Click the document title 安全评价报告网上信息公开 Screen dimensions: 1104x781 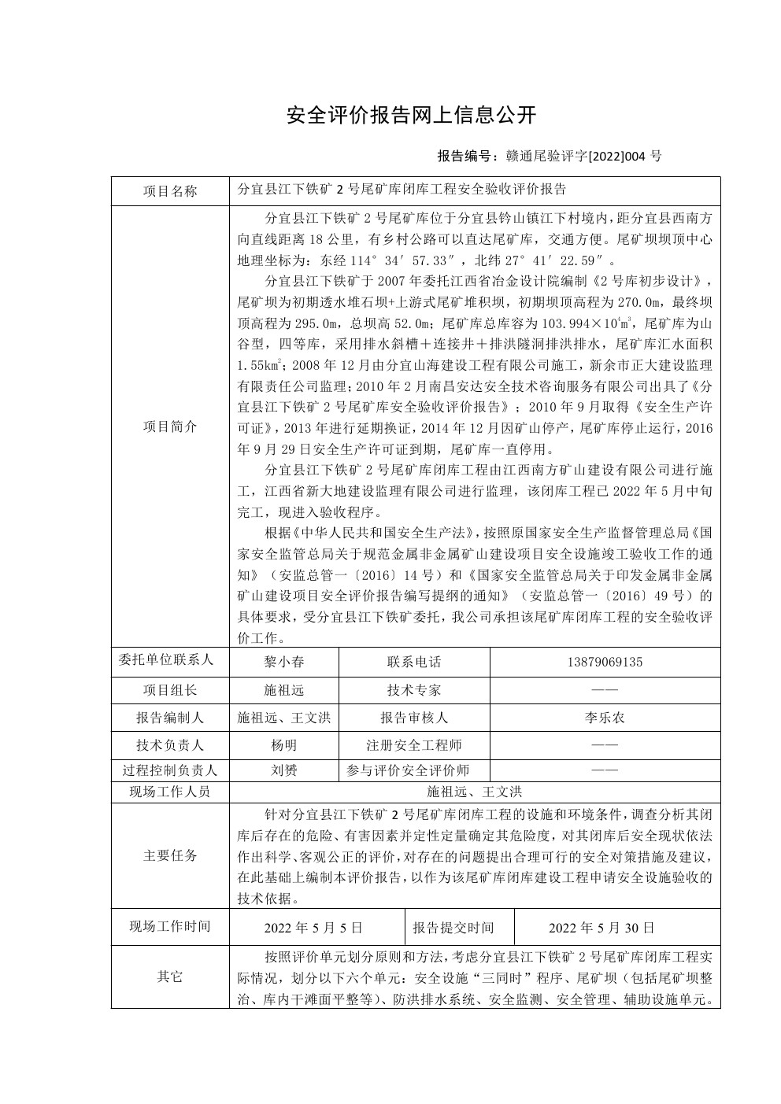pos(411,116)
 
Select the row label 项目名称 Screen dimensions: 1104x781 pos(170,190)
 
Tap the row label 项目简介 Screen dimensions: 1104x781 pos(170,426)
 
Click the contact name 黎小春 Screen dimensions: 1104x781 pos(283,662)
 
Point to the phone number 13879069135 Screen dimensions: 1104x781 pos(604,662)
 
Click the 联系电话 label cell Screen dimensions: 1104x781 pos(414,662)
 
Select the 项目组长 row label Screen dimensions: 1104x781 pos(170,690)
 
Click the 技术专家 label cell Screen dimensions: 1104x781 pos(414,690)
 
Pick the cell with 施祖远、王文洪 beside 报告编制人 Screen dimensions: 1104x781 pos(283,718)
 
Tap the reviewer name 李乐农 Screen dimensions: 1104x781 pos(604,718)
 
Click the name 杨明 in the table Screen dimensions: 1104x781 pos(283,745)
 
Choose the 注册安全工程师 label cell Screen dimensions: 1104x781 pos(414,745)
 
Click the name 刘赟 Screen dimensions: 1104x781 pos(283,770)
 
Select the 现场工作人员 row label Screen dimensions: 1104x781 pos(170,792)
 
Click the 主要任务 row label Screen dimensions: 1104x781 pos(170,855)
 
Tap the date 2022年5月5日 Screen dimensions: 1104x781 pos(313,928)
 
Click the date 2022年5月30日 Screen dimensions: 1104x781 pos(601,928)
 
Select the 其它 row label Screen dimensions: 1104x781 pos(170,977)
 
